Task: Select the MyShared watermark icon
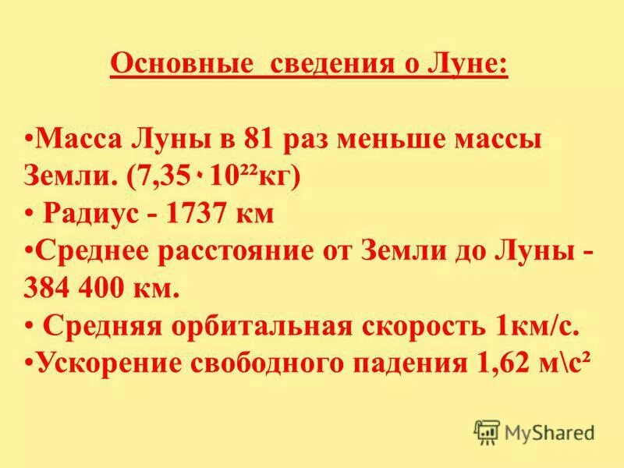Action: [486, 431]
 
